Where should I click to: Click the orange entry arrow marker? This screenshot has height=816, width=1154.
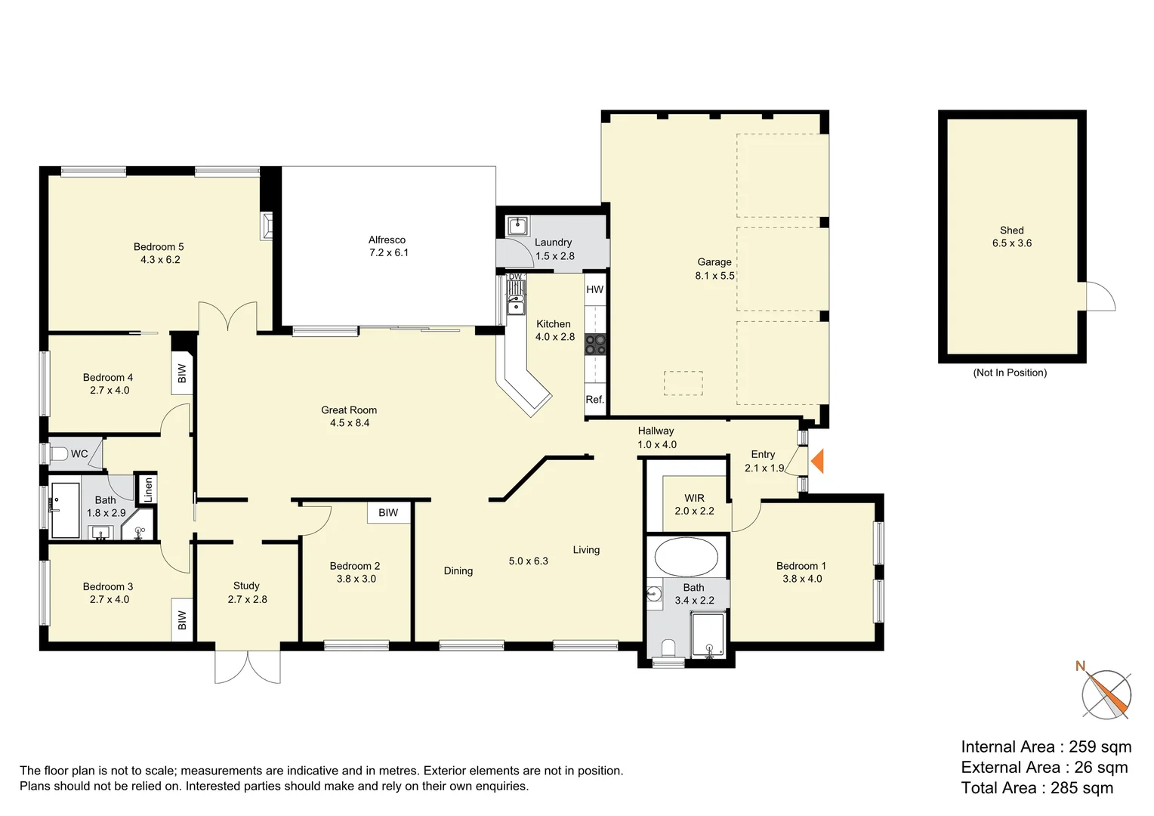pyautogui.click(x=817, y=461)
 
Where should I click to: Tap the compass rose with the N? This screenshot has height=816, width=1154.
pyautogui.click(x=1106, y=694)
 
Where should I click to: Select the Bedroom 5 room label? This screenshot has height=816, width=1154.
pyautogui.click(x=159, y=247)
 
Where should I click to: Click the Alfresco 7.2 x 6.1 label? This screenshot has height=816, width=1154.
pyautogui.click(x=387, y=246)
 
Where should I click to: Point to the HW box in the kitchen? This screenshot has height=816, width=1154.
pyautogui.click(x=595, y=289)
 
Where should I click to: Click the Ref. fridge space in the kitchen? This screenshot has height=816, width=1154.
pyautogui.click(x=595, y=400)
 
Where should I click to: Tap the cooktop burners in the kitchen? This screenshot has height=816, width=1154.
pyautogui.click(x=596, y=345)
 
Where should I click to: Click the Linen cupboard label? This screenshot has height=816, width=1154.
pyautogui.click(x=148, y=490)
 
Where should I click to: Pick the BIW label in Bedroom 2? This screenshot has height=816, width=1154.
pyautogui.click(x=388, y=513)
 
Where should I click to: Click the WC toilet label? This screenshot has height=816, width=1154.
pyautogui.click(x=79, y=454)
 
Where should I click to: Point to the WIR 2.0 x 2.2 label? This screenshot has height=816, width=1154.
pyautogui.click(x=694, y=505)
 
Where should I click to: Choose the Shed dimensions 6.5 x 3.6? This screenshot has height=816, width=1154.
pyautogui.click(x=1012, y=243)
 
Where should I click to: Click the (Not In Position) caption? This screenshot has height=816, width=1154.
pyautogui.click(x=1010, y=372)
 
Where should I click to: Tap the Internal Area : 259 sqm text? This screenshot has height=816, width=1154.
pyautogui.click(x=1046, y=746)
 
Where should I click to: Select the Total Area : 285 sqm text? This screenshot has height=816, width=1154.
pyautogui.click(x=1037, y=788)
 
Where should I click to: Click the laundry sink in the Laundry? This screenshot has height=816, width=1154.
pyautogui.click(x=517, y=225)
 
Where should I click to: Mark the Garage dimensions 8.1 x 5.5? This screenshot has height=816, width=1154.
pyautogui.click(x=714, y=276)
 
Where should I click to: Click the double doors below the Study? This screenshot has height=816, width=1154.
pyautogui.click(x=248, y=666)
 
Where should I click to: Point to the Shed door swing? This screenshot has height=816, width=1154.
pyautogui.click(x=1101, y=296)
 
